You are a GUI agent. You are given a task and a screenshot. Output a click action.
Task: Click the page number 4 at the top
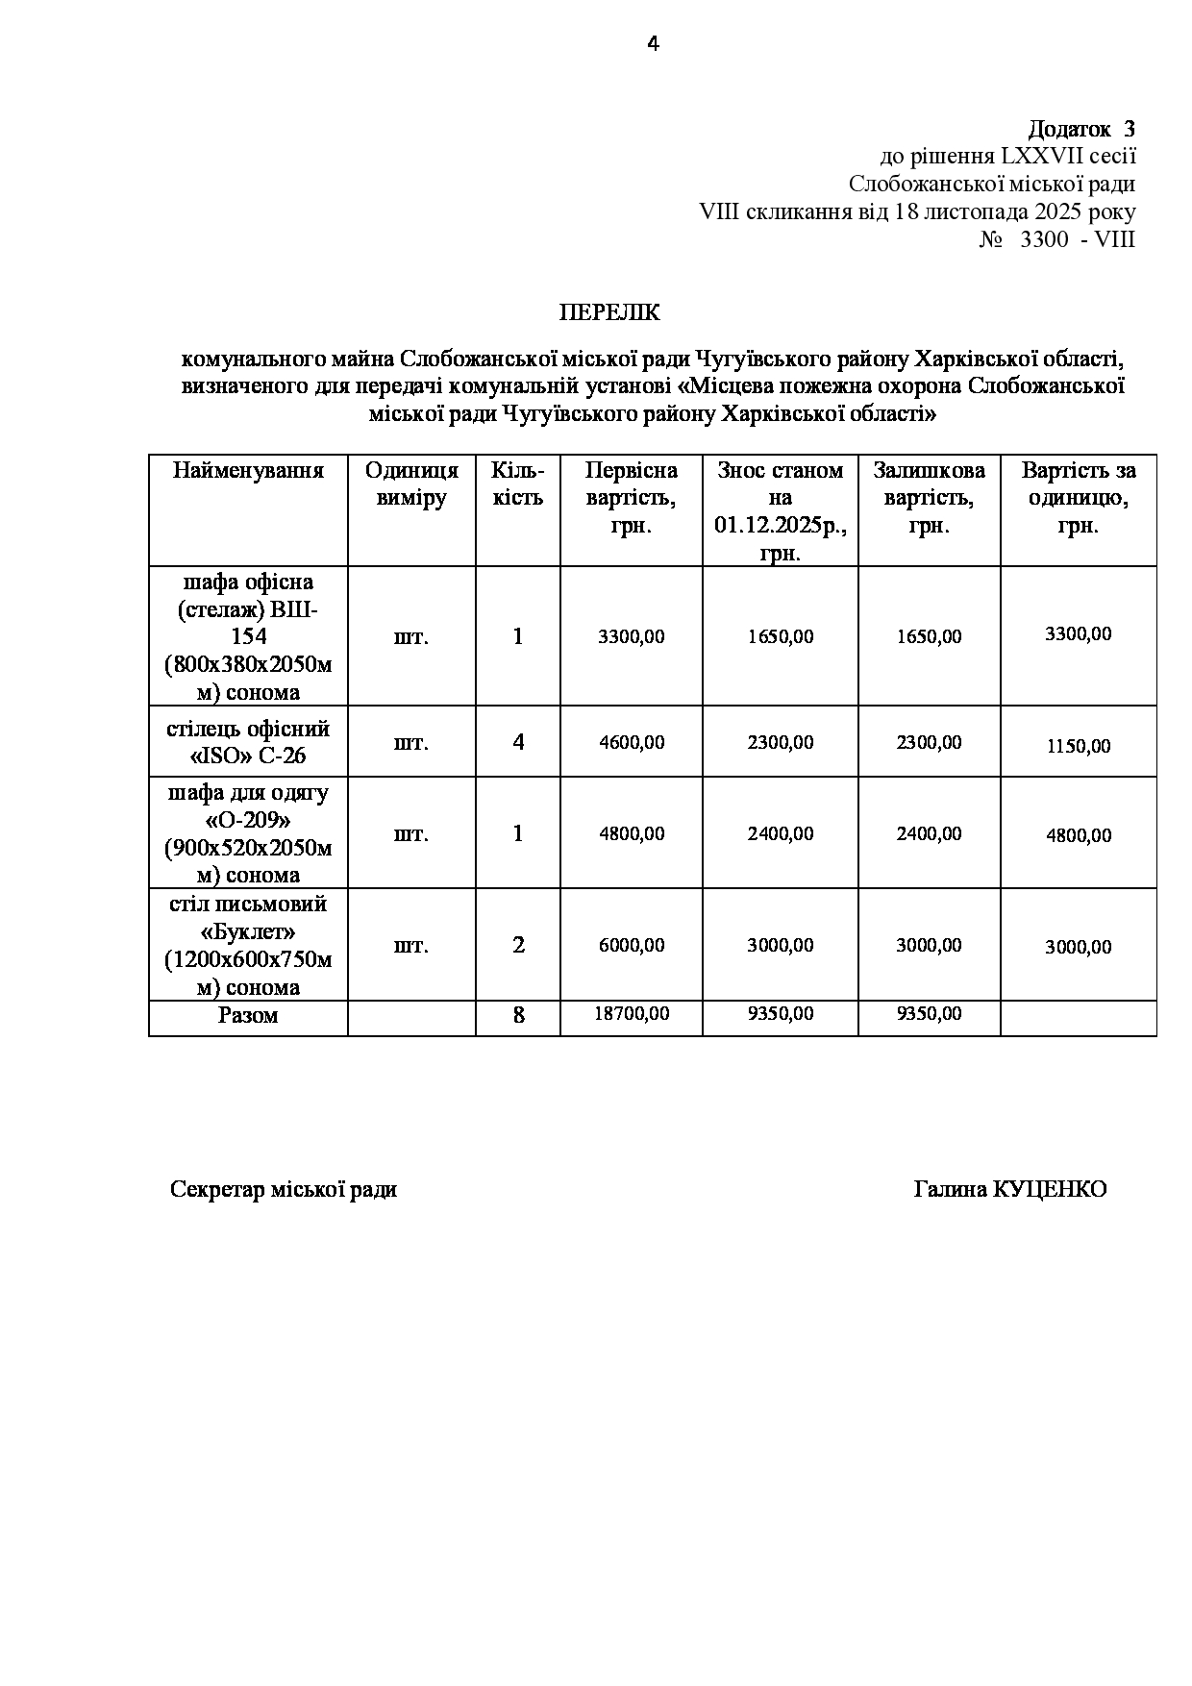click(653, 44)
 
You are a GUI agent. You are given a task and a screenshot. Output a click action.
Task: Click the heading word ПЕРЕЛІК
click(610, 313)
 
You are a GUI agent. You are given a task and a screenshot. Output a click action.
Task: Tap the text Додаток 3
click(1081, 129)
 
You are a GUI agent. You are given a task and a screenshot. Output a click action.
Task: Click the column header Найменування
click(248, 470)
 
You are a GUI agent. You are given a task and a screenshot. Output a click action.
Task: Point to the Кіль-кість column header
click(517, 483)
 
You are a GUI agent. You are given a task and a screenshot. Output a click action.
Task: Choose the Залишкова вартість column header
click(929, 497)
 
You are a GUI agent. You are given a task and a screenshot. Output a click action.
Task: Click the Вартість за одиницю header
click(1078, 497)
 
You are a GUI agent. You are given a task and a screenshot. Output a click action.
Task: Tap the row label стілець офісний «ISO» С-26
click(248, 742)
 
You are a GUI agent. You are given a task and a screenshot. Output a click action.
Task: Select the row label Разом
click(248, 1015)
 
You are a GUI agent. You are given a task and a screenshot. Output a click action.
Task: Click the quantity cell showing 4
click(518, 742)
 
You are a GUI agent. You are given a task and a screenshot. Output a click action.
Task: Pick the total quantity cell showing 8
click(518, 1015)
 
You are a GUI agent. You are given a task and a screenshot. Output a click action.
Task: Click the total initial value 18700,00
click(631, 1014)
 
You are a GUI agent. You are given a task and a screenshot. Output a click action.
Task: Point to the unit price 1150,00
click(1078, 746)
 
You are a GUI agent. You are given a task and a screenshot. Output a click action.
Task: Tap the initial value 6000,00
click(631, 945)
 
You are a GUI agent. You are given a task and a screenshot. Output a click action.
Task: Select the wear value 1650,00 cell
click(780, 636)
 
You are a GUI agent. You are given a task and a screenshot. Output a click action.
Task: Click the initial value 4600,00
click(631, 742)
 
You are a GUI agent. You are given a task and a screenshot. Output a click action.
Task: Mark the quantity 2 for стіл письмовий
click(518, 945)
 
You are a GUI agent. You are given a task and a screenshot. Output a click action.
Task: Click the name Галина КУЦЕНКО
click(1009, 1190)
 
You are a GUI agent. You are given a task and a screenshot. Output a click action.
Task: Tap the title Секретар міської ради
click(284, 1190)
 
